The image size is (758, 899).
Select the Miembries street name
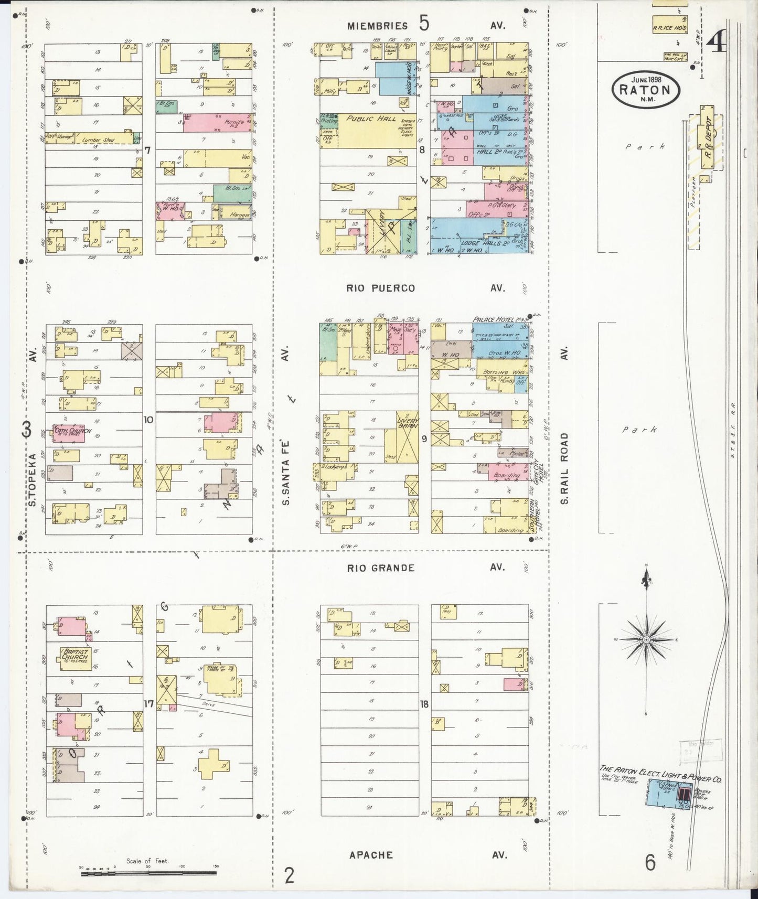(x=377, y=26)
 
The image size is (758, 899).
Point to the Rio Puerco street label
(x=381, y=288)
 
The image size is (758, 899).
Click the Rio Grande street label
(x=381, y=568)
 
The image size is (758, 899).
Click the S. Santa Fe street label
(x=286, y=480)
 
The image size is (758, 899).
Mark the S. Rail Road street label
(x=564, y=468)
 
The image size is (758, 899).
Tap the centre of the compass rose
(x=647, y=640)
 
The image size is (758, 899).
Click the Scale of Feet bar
(x=148, y=873)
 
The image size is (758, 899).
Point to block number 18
(x=424, y=704)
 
